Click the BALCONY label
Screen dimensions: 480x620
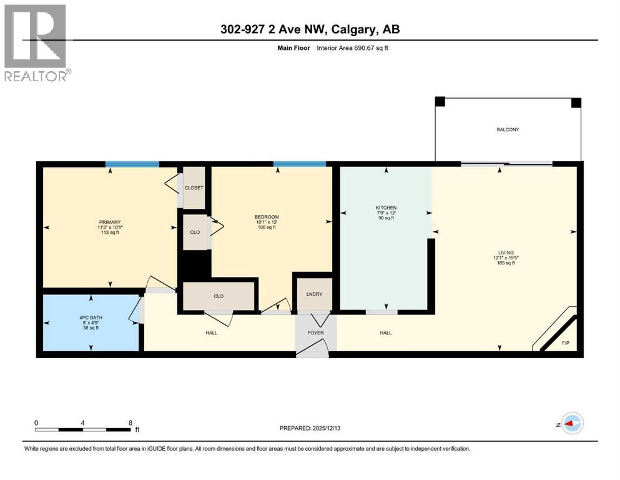508,130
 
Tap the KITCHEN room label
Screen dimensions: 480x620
386,207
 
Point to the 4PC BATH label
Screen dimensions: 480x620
91,317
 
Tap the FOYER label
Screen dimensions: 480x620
315,333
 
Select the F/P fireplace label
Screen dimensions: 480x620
566,343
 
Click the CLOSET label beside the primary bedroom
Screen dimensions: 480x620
194,187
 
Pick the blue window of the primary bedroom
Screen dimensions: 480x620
132,164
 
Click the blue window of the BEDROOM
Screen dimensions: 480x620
300,164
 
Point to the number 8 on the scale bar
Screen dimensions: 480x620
130,422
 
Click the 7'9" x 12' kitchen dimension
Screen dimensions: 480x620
386,213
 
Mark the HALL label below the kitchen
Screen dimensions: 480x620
385,333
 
